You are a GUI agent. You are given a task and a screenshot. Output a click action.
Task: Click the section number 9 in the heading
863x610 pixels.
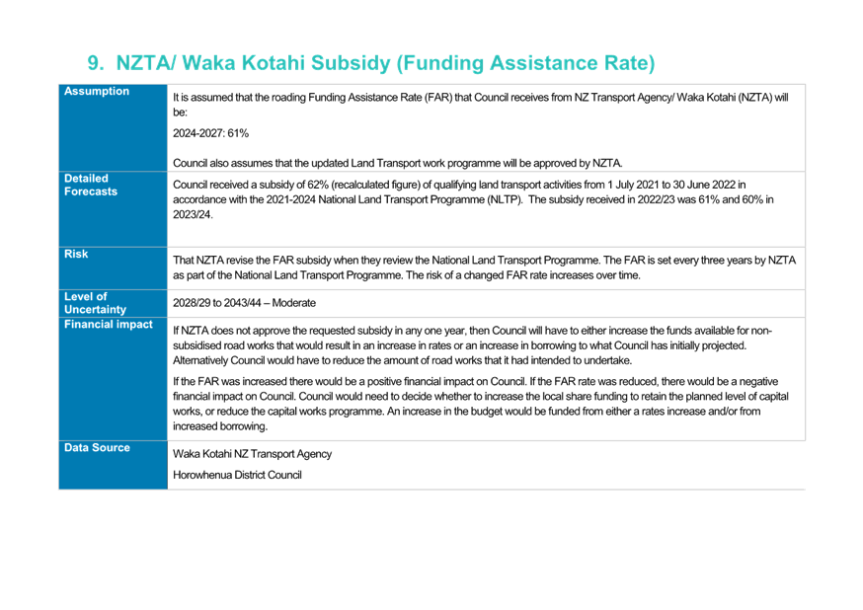pyautogui.click(x=95, y=63)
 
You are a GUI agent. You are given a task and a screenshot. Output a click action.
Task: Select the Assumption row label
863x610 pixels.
pyautogui.click(x=97, y=92)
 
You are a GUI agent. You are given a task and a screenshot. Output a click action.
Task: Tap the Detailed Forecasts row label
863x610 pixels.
pyautogui.click(x=91, y=185)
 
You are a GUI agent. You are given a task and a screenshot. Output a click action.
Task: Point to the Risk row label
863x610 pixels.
pyautogui.click(x=76, y=254)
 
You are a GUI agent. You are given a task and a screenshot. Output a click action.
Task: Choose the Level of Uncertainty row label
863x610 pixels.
pyautogui.click(x=95, y=303)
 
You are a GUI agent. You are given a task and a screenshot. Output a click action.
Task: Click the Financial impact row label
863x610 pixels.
pyautogui.click(x=109, y=325)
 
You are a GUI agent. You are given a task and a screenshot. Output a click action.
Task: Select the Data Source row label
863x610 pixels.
pyautogui.click(x=98, y=448)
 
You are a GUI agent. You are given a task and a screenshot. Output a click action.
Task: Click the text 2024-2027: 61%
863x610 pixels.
pyautogui.click(x=210, y=133)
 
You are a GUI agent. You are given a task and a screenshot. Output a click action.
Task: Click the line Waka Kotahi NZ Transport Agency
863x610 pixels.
pyautogui.click(x=252, y=454)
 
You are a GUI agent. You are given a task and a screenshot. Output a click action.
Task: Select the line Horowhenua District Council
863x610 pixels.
pyautogui.click(x=237, y=475)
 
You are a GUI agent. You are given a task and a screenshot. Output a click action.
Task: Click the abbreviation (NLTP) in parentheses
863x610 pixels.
pyautogui.click(x=505, y=199)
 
